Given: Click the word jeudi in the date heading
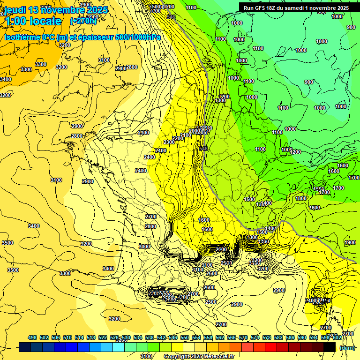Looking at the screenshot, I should (x=15, y=9).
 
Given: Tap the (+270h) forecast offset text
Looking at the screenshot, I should (x=83, y=21).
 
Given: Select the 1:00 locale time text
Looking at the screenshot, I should (x=33, y=21).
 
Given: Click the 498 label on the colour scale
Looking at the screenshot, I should (x=32, y=337).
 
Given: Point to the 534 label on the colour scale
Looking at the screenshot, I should (x=138, y=337).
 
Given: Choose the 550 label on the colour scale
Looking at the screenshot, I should (x=185, y=337).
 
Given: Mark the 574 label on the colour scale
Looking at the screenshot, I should (x=255, y=337).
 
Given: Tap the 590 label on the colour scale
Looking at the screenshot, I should (x=302, y=337).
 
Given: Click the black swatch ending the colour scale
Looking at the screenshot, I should (x=330, y=347).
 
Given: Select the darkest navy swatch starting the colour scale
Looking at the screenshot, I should (x=25, y=347).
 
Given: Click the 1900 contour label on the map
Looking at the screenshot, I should (x=350, y=242).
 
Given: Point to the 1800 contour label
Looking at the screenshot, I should (x=301, y=198).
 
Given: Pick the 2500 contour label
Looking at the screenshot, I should (x=211, y=302).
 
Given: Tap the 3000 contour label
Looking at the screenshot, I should (x=144, y=247).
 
